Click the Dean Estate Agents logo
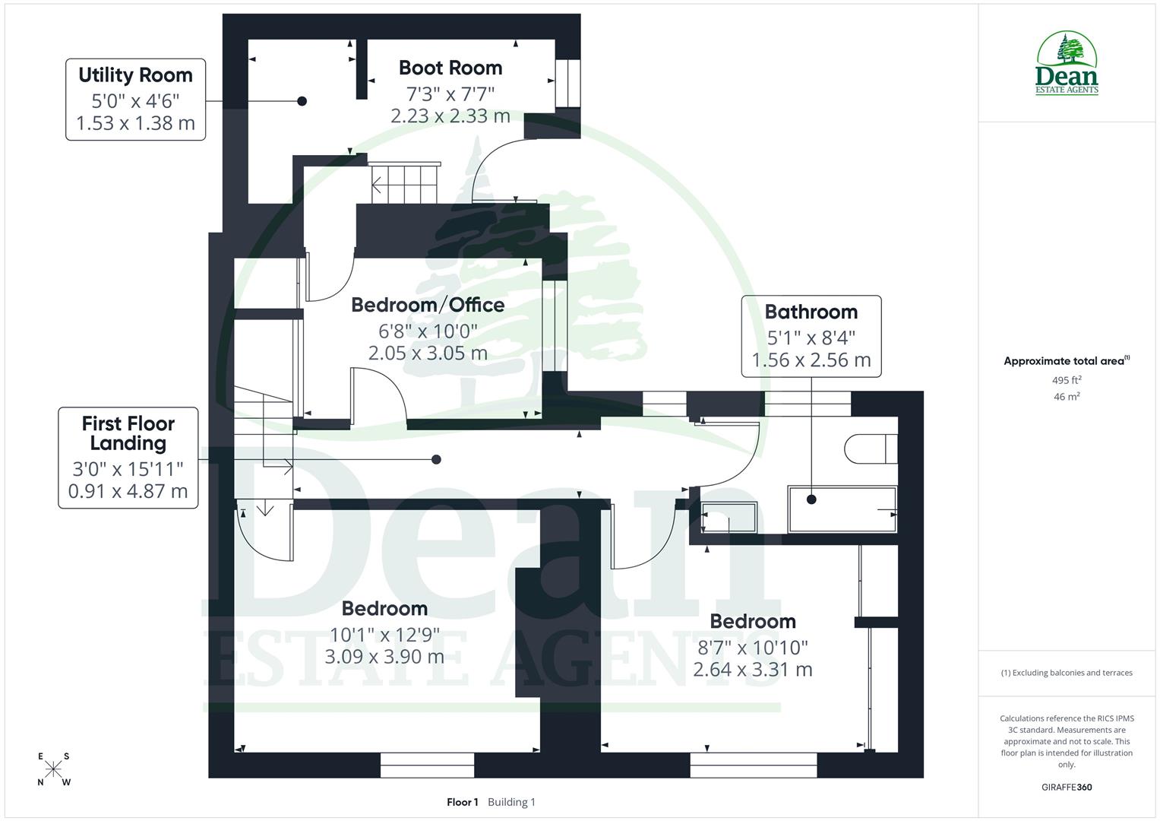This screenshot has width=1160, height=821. point(1067,64)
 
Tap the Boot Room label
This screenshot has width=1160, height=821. point(450,68)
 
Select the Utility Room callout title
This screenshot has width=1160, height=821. point(135,75)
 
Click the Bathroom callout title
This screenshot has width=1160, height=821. point(811,312)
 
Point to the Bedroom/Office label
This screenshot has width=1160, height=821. point(428,305)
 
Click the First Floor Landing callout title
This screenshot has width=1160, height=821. point(128,433)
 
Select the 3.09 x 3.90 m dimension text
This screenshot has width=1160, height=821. point(384,657)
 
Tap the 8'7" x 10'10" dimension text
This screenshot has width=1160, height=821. point(752,647)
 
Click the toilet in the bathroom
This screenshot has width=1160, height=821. point(871,449)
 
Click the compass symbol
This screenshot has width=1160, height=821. point(53,769)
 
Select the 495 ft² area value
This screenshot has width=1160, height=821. point(1067,380)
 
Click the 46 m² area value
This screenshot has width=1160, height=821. point(1067,396)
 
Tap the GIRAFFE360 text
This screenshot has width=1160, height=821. point(1067,787)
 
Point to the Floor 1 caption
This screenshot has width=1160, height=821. point(462,802)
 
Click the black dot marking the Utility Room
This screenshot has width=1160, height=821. point(302,101)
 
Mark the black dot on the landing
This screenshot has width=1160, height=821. point(436,459)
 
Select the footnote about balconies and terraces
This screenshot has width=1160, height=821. point(1067,673)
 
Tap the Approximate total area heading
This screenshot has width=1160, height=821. point(1067,361)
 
